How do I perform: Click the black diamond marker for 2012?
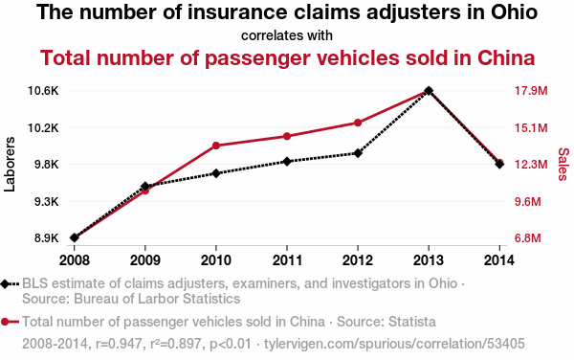click(x=358, y=153)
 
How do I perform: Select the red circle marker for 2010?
click(x=216, y=146)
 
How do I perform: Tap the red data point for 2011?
click(x=287, y=136)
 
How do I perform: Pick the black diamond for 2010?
click(x=216, y=173)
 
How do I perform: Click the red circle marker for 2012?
click(x=358, y=123)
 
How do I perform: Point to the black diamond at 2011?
click(x=287, y=161)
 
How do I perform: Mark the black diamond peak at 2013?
click(x=429, y=90)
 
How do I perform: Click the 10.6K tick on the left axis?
click(x=43, y=90)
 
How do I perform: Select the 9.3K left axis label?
click(x=47, y=201)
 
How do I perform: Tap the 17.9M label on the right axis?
click(x=531, y=90)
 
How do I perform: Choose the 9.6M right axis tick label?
click(x=527, y=201)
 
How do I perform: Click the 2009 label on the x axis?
click(x=145, y=260)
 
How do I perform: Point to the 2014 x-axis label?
click(x=499, y=260)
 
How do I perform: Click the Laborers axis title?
click(x=10, y=164)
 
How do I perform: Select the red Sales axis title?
click(x=563, y=164)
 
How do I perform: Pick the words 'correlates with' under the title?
click(x=287, y=35)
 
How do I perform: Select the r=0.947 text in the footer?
click(x=119, y=344)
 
